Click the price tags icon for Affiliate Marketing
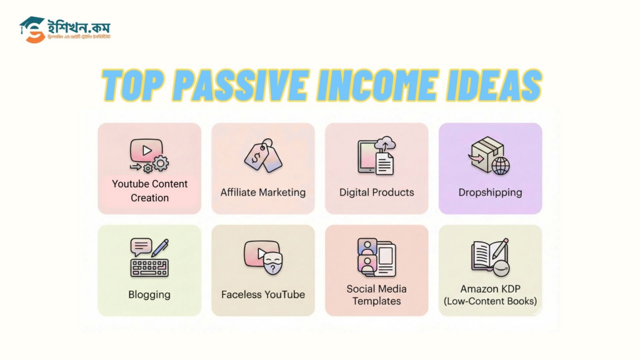[x=262, y=156]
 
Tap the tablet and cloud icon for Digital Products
[x=376, y=157]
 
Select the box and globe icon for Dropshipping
[x=489, y=156]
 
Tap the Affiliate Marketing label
[x=262, y=192]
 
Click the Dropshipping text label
[x=490, y=192]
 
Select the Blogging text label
[x=149, y=294]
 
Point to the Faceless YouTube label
[x=263, y=294]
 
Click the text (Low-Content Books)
[x=490, y=301]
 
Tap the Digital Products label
[x=376, y=192]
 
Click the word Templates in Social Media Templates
[x=376, y=301]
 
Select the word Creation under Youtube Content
[x=149, y=198]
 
